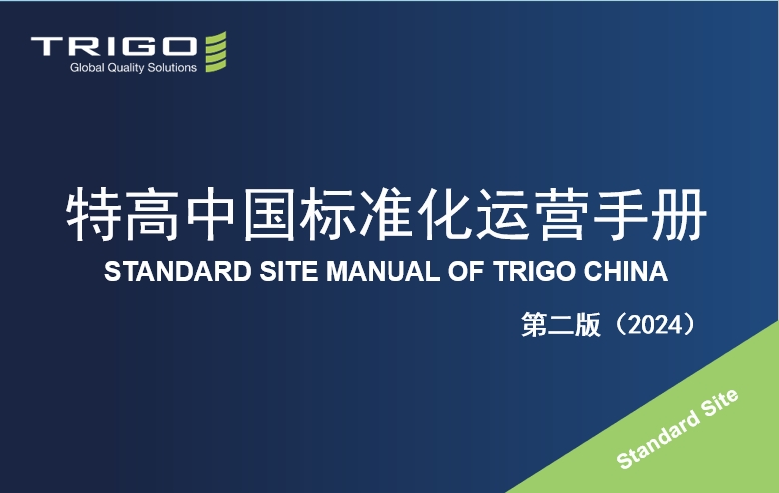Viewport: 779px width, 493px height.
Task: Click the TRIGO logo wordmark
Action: tap(114, 46)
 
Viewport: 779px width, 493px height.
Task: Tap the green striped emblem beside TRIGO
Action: tap(216, 52)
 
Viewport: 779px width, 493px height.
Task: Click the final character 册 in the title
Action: tap(680, 215)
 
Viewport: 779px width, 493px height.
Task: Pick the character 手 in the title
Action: tap(621, 215)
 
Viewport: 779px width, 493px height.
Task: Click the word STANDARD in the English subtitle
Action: tap(178, 272)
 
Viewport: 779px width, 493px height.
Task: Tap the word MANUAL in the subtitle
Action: tap(383, 272)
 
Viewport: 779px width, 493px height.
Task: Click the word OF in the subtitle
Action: tap(466, 272)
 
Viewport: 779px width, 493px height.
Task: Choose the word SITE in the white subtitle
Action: tap(289, 272)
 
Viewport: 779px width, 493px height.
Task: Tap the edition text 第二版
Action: tap(561, 325)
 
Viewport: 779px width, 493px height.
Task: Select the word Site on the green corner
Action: tap(720, 403)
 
